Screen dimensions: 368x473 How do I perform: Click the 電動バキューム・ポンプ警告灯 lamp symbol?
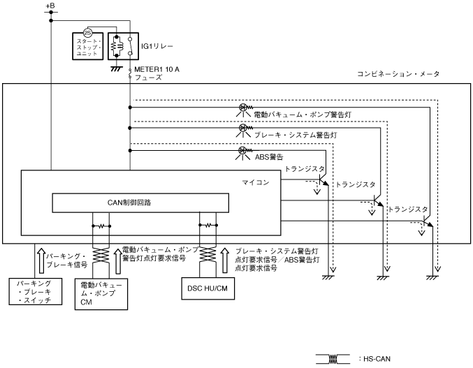tap(243, 108)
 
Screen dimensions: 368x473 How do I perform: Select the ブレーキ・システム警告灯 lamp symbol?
tap(243, 128)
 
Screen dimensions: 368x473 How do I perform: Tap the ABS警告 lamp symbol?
tap(243, 150)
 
